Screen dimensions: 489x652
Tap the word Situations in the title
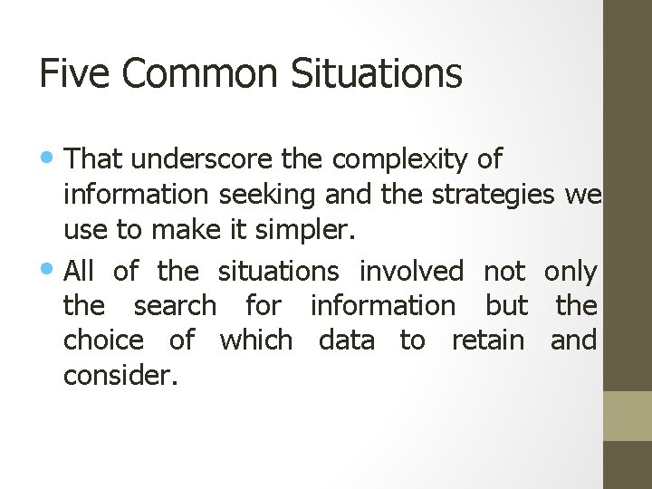tap(377, 73)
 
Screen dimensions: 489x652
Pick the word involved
tap(411, 270)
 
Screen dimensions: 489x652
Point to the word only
tap(570, 270)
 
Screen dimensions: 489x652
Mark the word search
tap(175, 305)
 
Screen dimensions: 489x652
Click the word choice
tap(103, 340)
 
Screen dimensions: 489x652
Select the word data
tap(346, 340)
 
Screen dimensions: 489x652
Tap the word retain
tap(487, 340)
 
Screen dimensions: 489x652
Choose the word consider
tap(120, 374)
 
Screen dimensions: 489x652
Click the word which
tap(256, 340)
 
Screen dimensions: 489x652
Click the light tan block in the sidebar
tap(628, 416)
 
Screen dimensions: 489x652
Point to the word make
tap(185, 231)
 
